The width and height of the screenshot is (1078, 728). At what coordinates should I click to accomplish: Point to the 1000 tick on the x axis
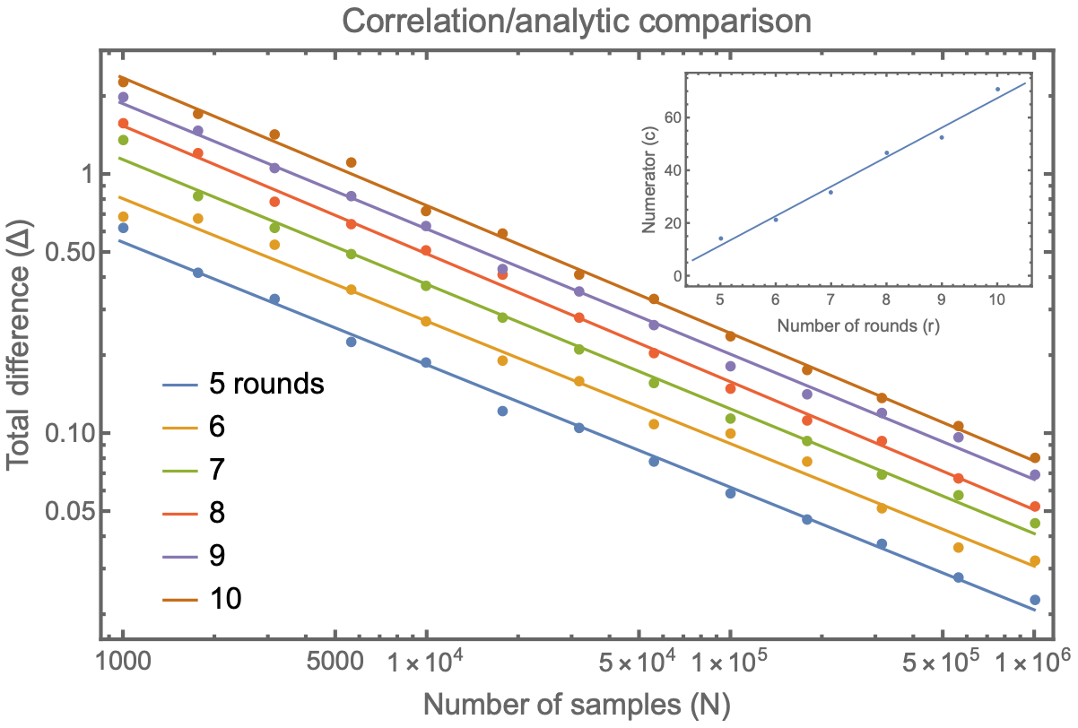click(123, 663)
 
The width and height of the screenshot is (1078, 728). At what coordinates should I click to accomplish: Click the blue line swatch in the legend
click(179, 386)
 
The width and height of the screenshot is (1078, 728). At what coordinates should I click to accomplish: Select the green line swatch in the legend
click(179, 471)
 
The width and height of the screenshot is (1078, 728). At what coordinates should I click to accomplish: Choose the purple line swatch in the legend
click(179, 557)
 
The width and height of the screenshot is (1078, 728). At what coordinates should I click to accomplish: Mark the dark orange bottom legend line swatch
click(179, 600)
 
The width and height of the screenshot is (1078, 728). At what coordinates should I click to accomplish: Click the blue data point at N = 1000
click(123, 228)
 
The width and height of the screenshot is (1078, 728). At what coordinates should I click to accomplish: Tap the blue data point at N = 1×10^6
click(1034, 600)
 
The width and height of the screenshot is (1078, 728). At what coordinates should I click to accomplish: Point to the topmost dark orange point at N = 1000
click(123, 82)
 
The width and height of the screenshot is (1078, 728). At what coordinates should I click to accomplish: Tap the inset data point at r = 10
click(996, 90)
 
